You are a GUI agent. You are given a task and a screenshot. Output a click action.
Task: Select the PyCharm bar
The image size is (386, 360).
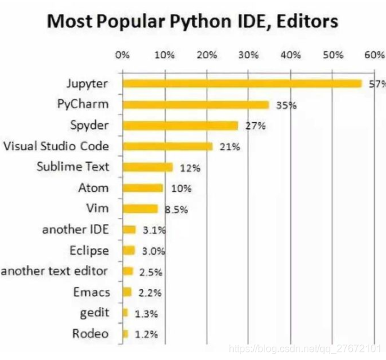click(x=196, y=105)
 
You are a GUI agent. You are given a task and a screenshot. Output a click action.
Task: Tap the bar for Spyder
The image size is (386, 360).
click(x=180, y=125)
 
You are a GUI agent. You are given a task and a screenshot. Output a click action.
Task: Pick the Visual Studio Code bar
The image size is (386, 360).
click(x=167, y=146)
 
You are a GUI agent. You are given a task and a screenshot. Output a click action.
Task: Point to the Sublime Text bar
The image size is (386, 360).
click(x=147, y=167)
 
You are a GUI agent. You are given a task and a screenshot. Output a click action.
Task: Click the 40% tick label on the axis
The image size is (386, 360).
click(x=290, y=54)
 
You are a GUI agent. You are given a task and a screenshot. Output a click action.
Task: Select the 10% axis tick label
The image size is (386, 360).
click(x=164, y=54)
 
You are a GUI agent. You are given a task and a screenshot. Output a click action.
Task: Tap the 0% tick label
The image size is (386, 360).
click(x=122, y=54)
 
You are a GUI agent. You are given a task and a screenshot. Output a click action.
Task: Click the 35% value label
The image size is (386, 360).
click(x=286, y=105)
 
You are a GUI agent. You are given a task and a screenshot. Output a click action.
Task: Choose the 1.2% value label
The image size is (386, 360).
click(x=147, y=334)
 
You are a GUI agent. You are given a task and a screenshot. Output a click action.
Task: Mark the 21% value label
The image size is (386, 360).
click(x=229, y=147)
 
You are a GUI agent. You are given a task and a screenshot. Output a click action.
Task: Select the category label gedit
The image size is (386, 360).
click(x=95, y=312)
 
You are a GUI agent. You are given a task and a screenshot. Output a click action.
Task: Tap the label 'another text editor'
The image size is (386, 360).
click(x=55, y=271)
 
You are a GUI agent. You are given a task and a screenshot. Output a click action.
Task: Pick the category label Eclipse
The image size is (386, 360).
click(x=89, y=250)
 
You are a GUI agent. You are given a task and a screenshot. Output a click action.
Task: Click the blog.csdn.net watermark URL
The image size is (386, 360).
click(x=306, y=346)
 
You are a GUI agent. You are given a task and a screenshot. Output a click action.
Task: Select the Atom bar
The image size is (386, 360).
click(x=143, y=188)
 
